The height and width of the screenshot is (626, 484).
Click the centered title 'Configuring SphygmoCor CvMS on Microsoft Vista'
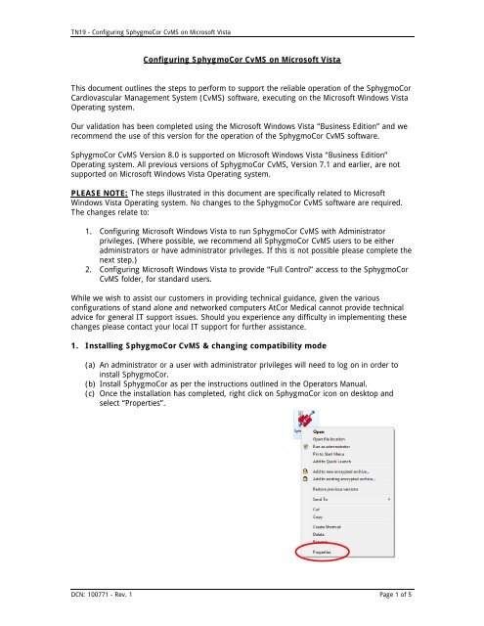coord(241,61)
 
